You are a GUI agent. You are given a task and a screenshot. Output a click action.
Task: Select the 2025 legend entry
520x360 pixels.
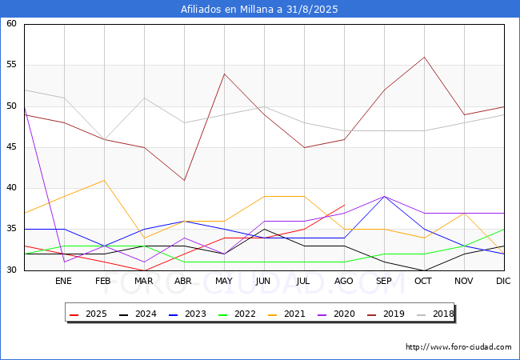click(x=88, y=314)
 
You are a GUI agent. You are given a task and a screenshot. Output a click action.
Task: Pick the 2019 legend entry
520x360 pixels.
click(x=386, y=314)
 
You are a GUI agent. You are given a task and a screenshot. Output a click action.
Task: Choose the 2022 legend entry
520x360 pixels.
click(x=237, y=314)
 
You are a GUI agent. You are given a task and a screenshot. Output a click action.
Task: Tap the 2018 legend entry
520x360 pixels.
click(x=435, y=314)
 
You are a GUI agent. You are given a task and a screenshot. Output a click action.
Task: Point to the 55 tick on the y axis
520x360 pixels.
click(x=11, y=64)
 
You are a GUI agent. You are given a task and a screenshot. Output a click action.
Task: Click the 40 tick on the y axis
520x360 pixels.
click(x=11, y=188)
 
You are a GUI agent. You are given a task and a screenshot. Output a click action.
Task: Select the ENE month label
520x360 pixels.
click(x=63, y=281)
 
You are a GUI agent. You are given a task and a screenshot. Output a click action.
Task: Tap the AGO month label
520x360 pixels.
click(x=344, y=281)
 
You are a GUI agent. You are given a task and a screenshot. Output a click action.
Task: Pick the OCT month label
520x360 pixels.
click(x=423, y=281)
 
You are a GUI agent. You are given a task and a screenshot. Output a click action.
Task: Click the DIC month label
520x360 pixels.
click(x=503, y=281)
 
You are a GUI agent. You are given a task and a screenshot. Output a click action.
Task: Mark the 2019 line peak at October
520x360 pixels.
click(x=425, y=57)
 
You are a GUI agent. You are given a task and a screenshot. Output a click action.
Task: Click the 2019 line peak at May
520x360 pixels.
click(x=225, y=74)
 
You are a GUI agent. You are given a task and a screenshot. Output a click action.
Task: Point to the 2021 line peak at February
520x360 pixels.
click(x=105, y=180)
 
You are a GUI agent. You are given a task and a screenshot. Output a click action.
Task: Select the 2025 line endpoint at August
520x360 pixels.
click(x=345, y=205)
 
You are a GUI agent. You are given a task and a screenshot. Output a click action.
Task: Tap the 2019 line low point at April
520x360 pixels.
click(x=184, y=180)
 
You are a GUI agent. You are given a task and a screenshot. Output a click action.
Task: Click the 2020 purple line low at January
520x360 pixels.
click(x=64, y=262)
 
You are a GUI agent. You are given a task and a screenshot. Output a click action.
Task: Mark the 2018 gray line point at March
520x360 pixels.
click(x=144, y=98)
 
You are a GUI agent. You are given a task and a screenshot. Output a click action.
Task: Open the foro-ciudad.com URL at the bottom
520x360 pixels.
click(x=458, y=347)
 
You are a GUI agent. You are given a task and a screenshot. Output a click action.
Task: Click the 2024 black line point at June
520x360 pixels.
click(x=264, y=229)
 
